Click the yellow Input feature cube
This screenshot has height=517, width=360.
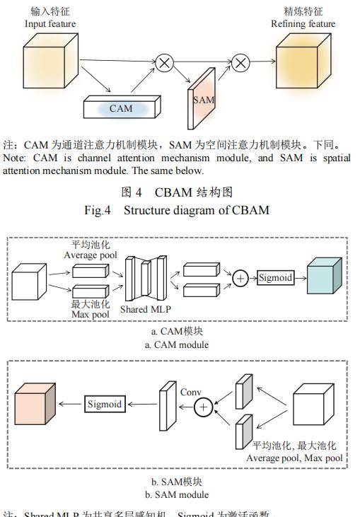[49, 57]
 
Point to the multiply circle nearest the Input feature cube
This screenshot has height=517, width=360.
[165, 63]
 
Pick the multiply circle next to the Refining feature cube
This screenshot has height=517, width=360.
[240, 63]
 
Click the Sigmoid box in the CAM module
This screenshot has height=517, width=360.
[275, 278]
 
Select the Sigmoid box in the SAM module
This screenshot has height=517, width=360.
[105, 405]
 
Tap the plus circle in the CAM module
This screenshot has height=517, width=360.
[240, 279]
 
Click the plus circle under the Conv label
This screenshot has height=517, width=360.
[204, 407]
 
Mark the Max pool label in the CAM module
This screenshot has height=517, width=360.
[91, 315]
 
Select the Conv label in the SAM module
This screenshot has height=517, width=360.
[191, 392]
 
